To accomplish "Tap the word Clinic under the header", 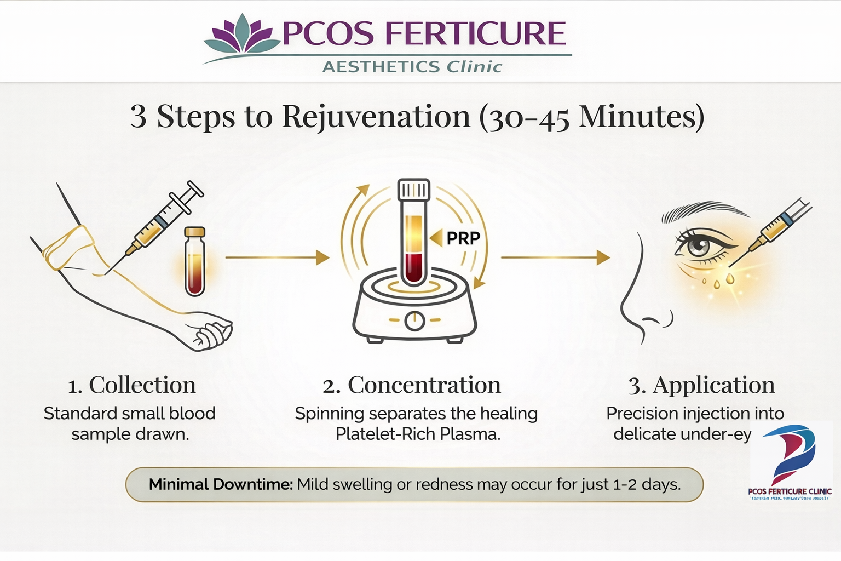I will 474,67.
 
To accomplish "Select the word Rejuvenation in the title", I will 376,116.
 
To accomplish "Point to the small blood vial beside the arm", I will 195,261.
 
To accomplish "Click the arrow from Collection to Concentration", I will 277,257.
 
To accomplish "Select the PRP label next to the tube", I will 463,238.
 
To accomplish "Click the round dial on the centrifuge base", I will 414,320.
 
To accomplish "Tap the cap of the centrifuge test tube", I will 414,190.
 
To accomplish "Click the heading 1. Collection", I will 131,385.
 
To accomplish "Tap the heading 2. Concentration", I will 412,385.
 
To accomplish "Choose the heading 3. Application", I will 701,385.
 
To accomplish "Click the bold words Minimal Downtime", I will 221,484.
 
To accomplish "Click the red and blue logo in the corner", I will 791,455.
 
